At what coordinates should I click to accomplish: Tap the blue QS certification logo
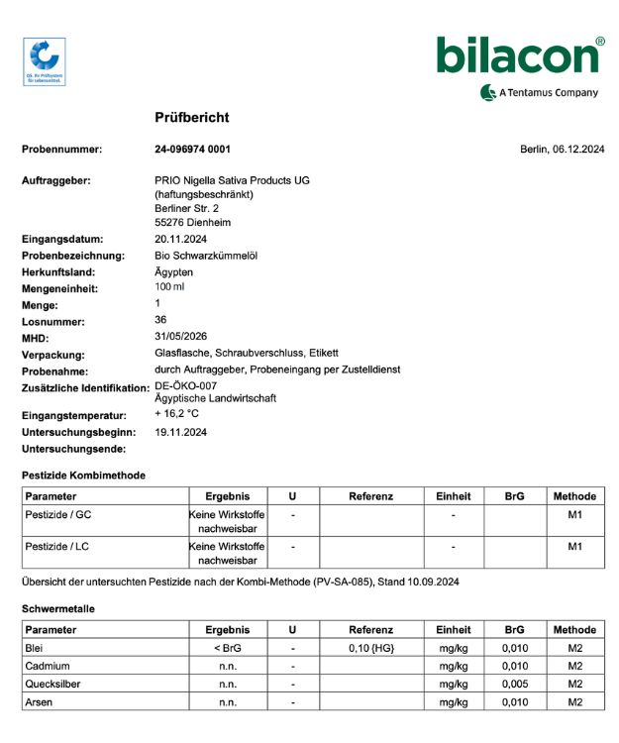44,61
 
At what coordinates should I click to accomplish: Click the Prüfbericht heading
192,118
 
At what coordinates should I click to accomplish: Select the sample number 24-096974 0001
192,150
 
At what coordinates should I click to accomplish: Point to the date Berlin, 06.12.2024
562,150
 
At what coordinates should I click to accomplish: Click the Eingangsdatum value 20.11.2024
180,240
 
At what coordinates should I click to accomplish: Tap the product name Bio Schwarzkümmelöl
206,256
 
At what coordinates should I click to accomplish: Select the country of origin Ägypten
174,271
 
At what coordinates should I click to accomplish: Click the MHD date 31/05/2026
180,337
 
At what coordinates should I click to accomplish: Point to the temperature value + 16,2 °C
177,414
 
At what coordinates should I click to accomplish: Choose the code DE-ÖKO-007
185,385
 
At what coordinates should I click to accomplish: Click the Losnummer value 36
160,320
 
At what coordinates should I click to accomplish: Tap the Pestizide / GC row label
58,515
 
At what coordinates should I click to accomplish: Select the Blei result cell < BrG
227,648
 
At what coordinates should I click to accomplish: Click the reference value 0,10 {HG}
370,648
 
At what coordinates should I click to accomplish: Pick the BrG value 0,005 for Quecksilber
514,685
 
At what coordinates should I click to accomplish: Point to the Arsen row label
41,702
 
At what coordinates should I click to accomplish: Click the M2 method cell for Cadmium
574,666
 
